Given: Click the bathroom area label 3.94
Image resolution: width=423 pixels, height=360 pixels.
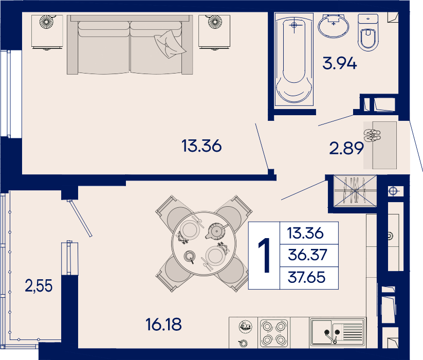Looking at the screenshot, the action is click(x=340, y=63).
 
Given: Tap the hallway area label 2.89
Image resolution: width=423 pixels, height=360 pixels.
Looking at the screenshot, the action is click(x=346, y=148).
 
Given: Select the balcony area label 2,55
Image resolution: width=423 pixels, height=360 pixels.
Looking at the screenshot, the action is click(x=39, y=286).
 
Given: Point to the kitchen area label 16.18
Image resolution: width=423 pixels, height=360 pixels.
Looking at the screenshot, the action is click(x=163, y=324).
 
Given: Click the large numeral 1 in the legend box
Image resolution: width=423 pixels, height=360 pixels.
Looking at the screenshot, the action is click(x=264, y=255).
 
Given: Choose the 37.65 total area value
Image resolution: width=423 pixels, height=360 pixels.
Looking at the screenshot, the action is click(x=307, y=277).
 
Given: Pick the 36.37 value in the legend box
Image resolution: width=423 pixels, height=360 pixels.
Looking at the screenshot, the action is click(x=307, y=255).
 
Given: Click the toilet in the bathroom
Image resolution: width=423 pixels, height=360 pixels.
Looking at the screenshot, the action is click(x=368, y=32).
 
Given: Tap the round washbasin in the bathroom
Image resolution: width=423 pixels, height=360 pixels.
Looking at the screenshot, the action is click(x=334, y=26).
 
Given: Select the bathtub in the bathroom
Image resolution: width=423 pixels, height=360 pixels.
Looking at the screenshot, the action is click(x=294, y=59).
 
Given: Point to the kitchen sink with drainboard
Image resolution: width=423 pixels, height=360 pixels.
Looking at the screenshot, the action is click(x=337, y=332).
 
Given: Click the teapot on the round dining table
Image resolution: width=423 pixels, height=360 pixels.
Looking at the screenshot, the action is click(x=216, y=231).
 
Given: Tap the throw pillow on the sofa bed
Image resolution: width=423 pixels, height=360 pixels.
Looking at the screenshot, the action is click(x=170, y=44).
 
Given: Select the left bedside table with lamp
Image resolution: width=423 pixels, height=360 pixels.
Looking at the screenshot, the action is click(x=47, y=32).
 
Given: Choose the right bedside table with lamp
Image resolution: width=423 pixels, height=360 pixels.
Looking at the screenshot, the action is click(x=214, y=32).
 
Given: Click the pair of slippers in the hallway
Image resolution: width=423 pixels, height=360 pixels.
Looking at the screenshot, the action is click(x=372, y=135).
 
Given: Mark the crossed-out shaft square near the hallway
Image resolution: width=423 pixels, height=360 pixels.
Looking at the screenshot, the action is click(x=355, y=191).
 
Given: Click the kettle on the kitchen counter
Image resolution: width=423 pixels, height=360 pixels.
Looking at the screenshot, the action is click(x=245, y=327).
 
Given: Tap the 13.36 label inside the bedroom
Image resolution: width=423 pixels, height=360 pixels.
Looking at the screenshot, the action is click(x=201, y=146).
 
